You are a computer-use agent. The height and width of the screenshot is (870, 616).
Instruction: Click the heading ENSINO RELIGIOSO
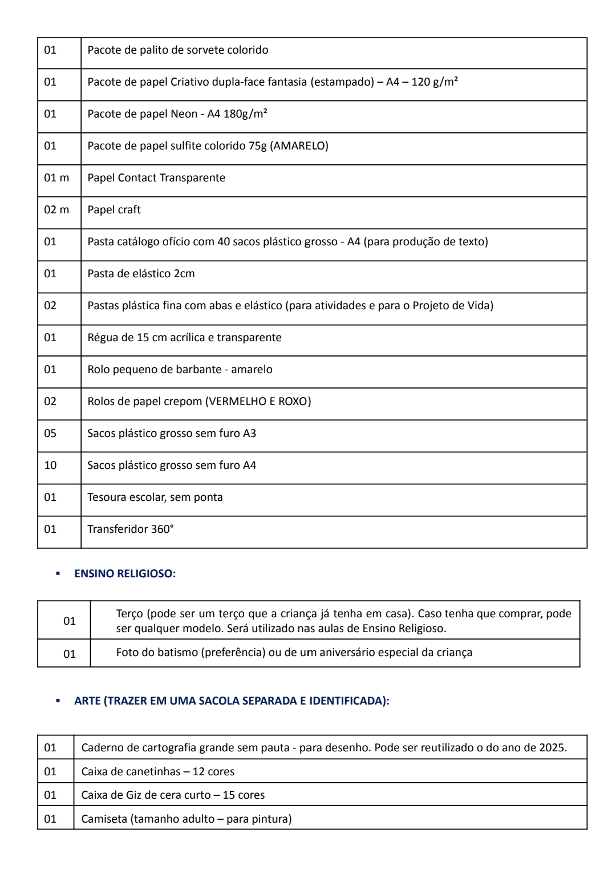[125, 574]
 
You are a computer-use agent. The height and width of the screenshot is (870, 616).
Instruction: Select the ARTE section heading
[232, 701]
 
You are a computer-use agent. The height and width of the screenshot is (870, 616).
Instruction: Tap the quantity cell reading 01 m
[56, 178]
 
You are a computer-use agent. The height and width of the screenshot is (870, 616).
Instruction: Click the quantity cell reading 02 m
[56, 210]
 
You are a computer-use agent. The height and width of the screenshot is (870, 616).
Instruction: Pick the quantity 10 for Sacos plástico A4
[51, 466]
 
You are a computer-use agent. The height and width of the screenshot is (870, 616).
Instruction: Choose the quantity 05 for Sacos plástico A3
[51, 434]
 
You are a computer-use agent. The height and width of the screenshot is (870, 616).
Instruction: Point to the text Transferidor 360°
[131, 529]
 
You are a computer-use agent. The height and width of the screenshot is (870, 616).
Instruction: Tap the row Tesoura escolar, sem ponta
[155, 497]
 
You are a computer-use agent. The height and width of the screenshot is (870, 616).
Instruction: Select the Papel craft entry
[114, 210]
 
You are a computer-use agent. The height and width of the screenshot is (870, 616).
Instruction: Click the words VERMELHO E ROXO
[260, 402]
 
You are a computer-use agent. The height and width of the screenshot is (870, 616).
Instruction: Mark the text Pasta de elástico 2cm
[141, 274]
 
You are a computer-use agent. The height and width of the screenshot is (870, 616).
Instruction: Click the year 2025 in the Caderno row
[552, 748]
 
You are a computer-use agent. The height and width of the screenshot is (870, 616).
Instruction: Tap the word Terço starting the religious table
[129, 614]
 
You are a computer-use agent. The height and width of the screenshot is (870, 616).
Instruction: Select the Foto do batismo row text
[294, 653]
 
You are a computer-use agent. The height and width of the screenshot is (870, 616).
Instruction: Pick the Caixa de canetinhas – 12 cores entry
[158, 772]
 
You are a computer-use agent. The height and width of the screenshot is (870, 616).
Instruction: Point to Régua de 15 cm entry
[184, 338]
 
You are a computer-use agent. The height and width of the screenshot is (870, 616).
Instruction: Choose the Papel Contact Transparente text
[156, 178]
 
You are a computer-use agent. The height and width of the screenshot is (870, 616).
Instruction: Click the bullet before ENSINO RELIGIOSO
[58, 574]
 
